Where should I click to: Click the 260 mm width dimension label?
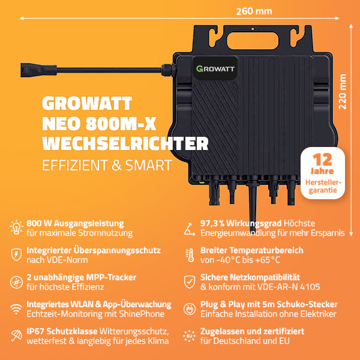point(254,11)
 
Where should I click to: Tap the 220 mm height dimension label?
point(343,92)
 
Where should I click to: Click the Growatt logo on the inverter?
point(215,68)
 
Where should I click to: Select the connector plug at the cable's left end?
point(38,70)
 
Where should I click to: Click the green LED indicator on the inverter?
point(202,183)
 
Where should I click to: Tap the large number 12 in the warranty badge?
point(322,160)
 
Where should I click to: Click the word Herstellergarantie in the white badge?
point(323,186)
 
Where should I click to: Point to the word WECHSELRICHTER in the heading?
point(125,144)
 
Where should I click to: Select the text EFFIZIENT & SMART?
point(107,165)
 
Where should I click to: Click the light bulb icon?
point(16,227)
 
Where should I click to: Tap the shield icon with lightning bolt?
point(16,254)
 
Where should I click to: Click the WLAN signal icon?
point(16,309)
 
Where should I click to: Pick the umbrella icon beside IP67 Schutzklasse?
point(16,335)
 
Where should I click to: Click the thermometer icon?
point(190,255)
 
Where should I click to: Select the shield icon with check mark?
point(190,282)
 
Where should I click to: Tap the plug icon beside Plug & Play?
point(190,309)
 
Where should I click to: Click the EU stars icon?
point(190,336)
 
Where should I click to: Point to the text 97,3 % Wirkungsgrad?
point(241,223)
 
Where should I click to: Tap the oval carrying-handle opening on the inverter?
point(253,41)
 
